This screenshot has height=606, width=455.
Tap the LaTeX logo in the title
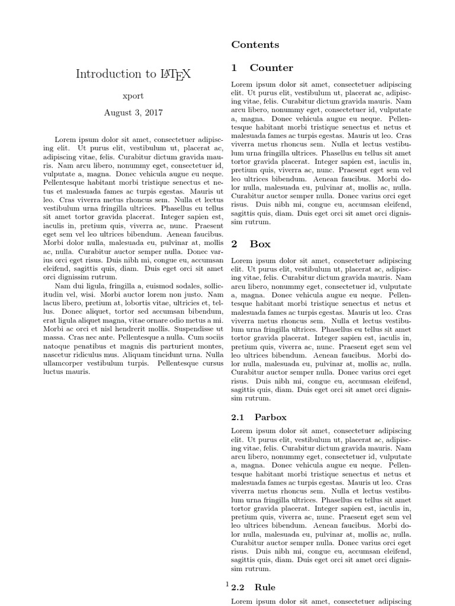click(x=175, y=75)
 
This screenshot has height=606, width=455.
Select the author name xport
click(x=133, y=96)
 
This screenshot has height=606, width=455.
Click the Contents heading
click(x=255, y=45)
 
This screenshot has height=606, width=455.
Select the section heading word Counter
click(x=271, y=68)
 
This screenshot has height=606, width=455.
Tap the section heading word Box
click(x=259, y=243)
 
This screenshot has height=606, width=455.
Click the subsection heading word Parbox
click(x=271, y=417)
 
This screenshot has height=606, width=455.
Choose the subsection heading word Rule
click(x=265, y=587)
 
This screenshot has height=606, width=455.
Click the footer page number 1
click(x=227, y=584)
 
